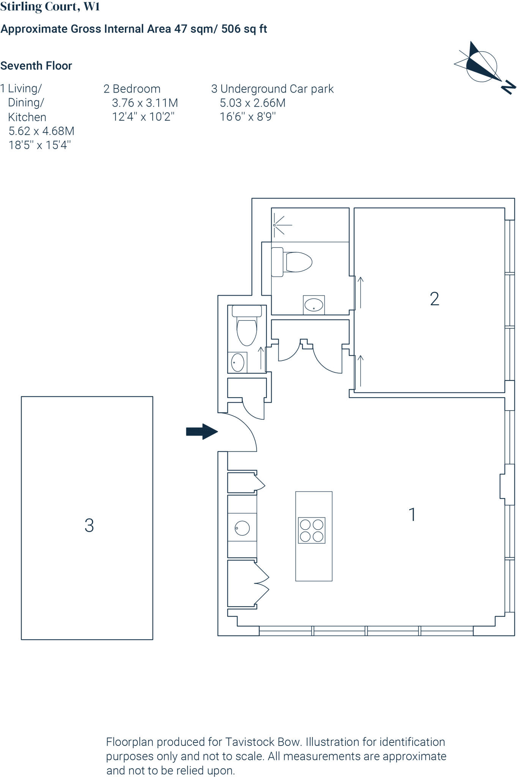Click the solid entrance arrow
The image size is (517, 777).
pos(202,431)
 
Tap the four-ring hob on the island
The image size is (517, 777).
pos(312,530)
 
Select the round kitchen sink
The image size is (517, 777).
pos(242,528)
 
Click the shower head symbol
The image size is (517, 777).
pos(275,225)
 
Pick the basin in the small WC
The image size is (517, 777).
pos(238,363)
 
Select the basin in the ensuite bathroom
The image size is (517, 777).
pos(314,305)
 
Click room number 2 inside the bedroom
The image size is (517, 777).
pos(434,299)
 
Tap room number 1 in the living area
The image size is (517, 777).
pos(412,515)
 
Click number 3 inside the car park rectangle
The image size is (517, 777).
pos(89,525)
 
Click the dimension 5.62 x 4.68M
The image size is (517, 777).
pos(41,131)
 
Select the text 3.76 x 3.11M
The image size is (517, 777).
pos(145,103)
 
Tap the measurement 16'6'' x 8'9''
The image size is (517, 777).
pos(247,116)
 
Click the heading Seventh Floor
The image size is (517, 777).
pos(36,66)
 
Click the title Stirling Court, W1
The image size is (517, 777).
pos(50,6)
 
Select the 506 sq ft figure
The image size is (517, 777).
pos(244,29)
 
